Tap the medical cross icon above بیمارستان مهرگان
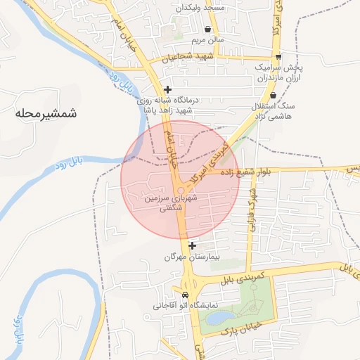[x=191, y=245]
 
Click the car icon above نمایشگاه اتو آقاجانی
[x=185, y=295]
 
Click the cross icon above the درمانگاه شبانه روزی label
[x=167, y=89]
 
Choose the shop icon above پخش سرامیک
[x=279, y=56]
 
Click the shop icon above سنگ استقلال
[x=273, y=95]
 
